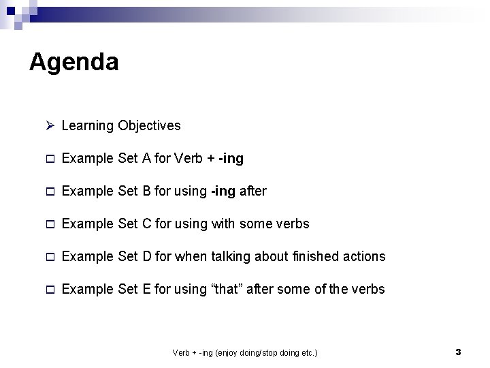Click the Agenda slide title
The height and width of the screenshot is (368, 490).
74,63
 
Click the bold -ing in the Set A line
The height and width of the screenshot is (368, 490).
230,159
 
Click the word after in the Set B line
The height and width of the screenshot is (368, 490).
252,191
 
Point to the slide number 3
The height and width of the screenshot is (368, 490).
458,352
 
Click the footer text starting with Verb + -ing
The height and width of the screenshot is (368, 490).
245,353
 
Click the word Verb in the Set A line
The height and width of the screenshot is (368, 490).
189,159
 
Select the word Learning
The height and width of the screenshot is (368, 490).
87,126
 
